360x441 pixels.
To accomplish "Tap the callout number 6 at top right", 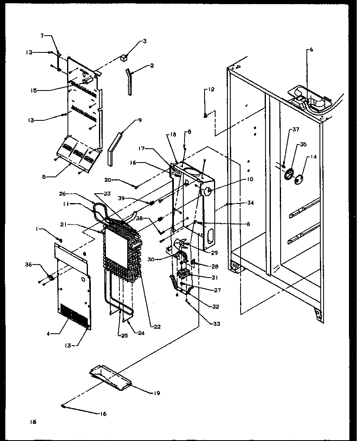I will [311, 50].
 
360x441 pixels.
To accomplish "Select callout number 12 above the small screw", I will [211, 89].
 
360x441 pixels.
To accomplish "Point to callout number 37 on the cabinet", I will [295, 130].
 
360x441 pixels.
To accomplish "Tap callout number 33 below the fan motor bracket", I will [216, 324].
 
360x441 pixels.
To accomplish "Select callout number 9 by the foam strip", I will [140, 120].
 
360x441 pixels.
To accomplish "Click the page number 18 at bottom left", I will [33, 422].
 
